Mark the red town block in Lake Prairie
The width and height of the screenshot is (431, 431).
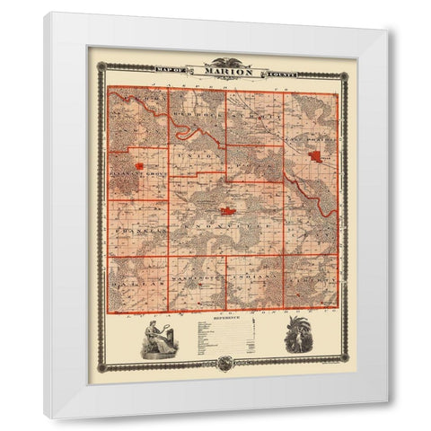pos(316,156)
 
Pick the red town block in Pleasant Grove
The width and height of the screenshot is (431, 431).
pos(139,165)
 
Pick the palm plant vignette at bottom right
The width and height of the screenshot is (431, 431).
pos(297,339)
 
